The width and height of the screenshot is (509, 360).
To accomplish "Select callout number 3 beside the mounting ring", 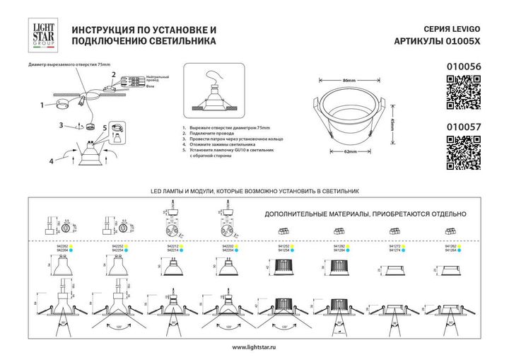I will [62, 125].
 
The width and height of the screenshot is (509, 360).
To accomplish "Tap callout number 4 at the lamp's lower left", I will [52, 162].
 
